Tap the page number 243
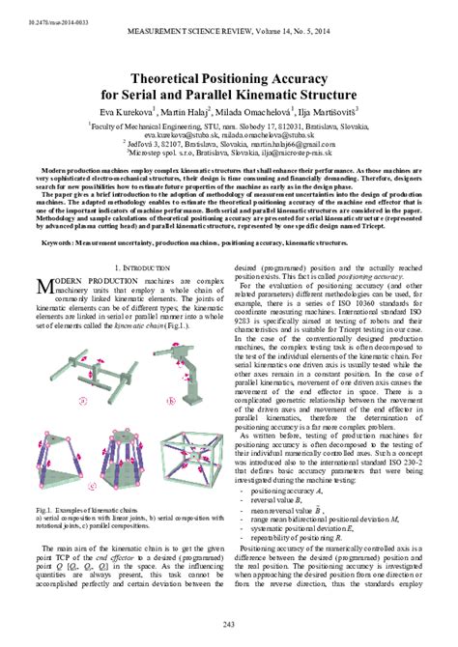pos(229,625)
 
